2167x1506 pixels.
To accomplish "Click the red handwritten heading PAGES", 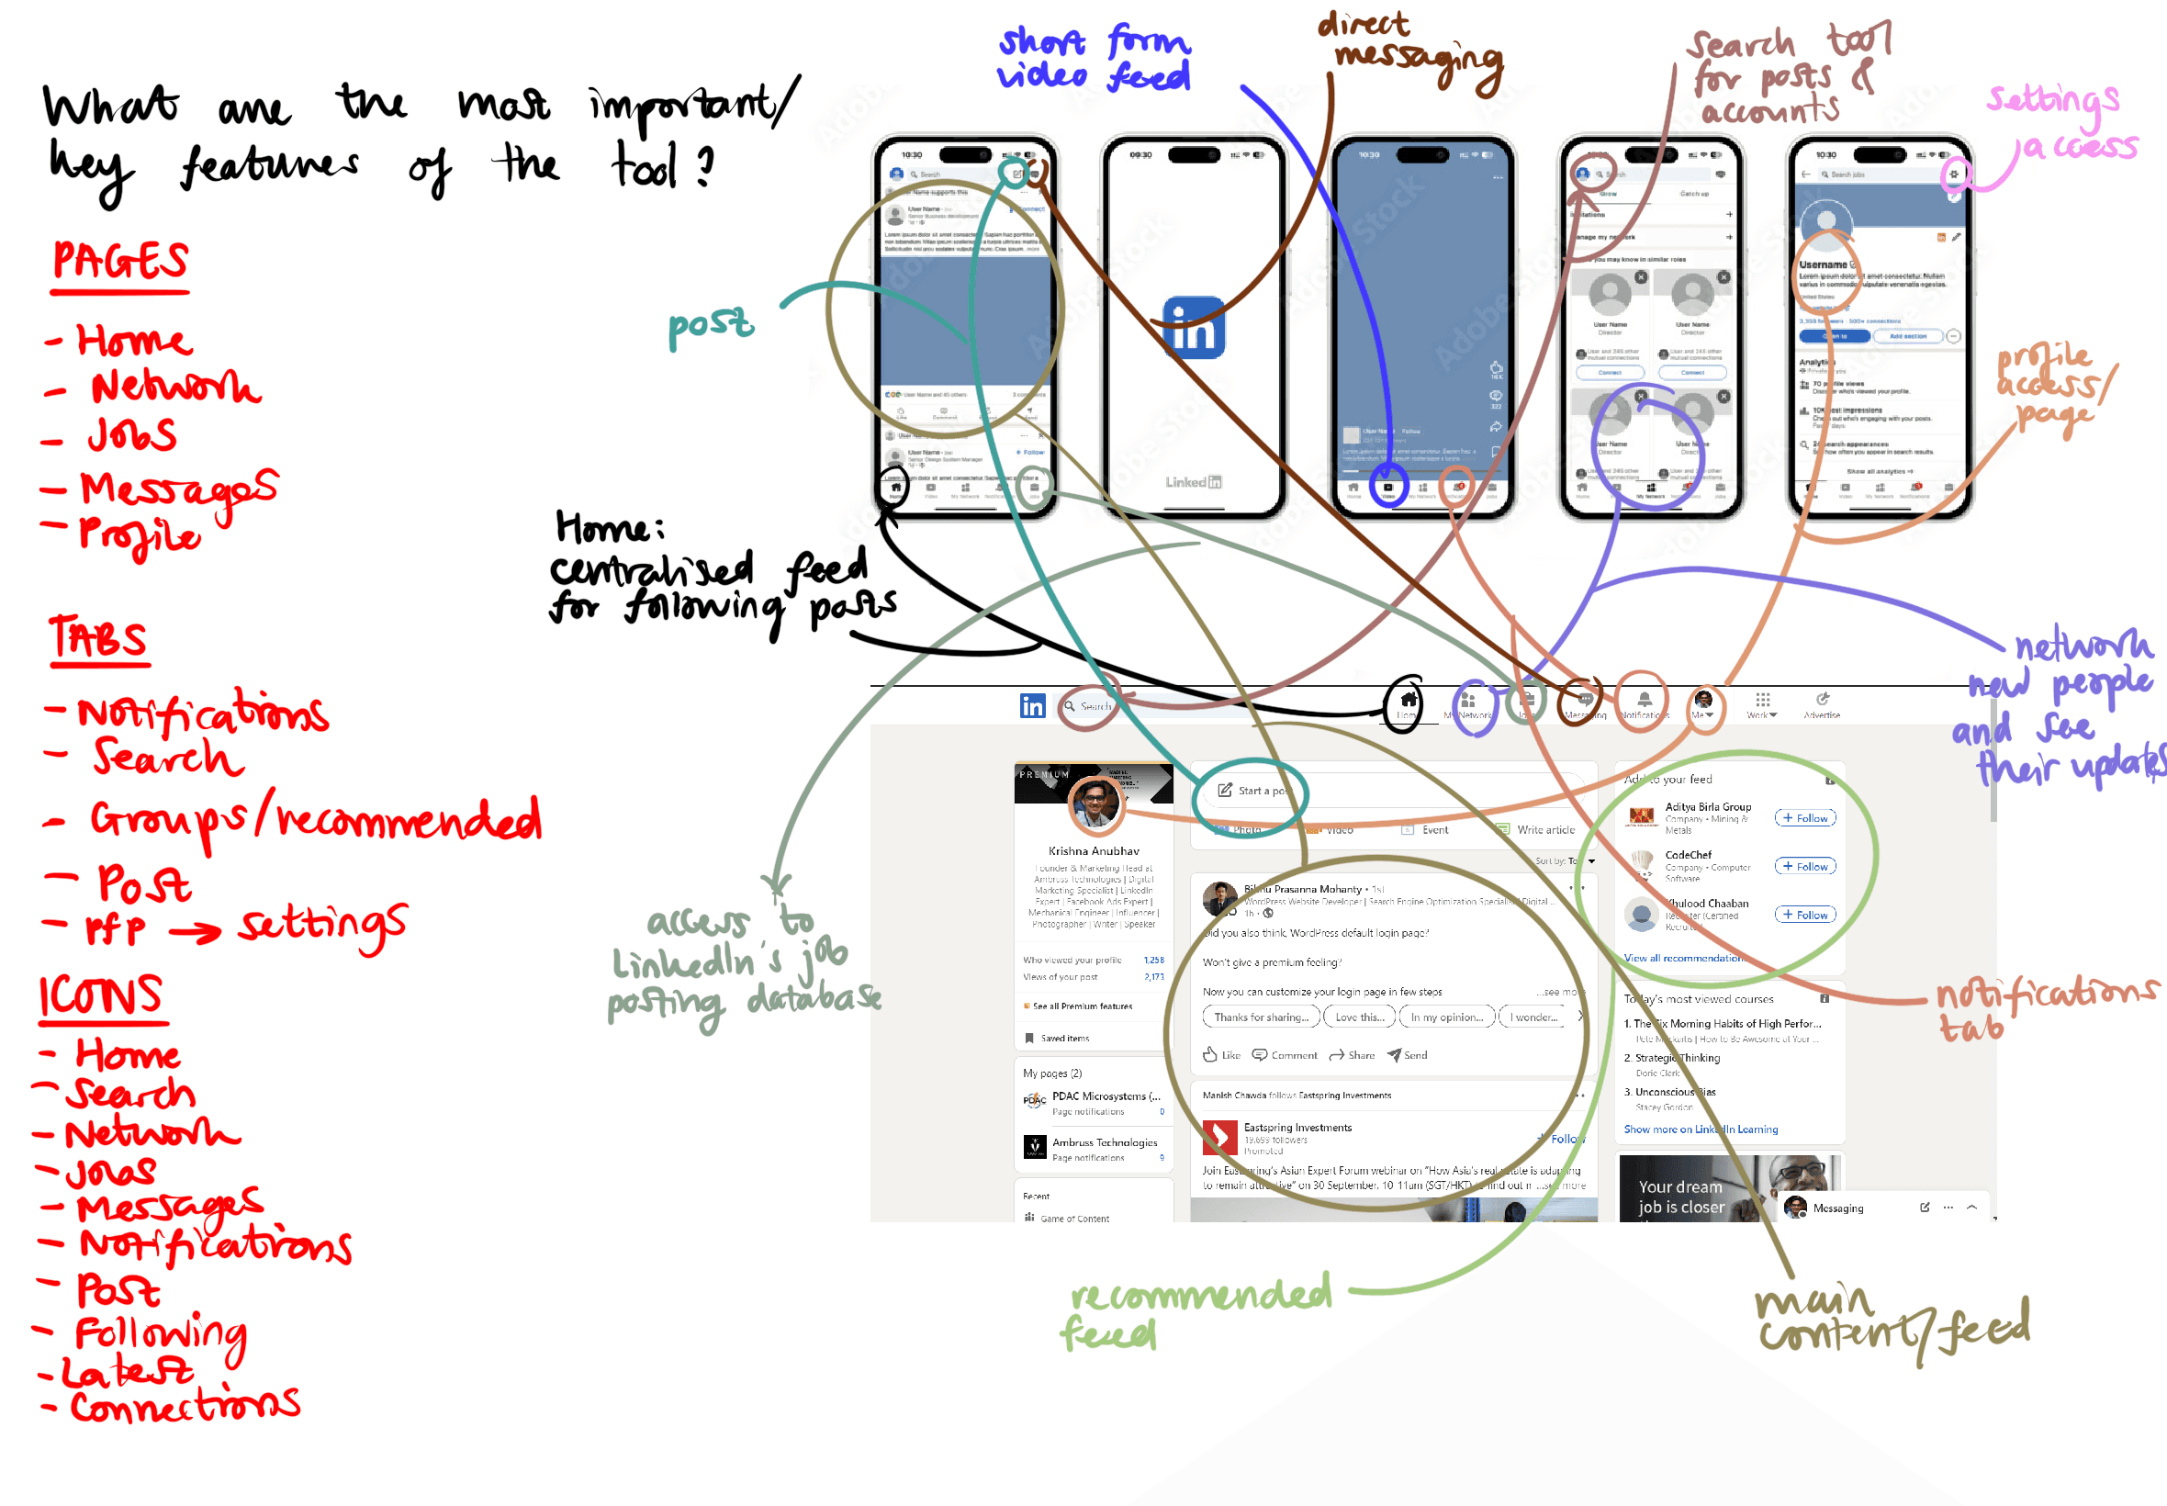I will point(119,262).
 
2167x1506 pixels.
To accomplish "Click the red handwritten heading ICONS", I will point(101,996).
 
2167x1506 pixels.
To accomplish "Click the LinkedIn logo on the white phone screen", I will point(1194,328).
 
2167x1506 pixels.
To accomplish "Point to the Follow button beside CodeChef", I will point(1804,866).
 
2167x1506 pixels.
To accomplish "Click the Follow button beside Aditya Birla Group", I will point(1804,818).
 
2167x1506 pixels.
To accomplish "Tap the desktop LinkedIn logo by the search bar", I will point(1032,705).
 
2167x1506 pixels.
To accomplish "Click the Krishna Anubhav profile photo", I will point(1095,804).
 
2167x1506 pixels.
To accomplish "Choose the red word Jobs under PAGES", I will point(132,435).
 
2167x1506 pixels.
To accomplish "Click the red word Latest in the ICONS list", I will point(128,1371).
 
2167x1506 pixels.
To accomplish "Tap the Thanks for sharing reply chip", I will point(1261,1017).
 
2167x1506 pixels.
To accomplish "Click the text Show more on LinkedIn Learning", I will point(1700,1129).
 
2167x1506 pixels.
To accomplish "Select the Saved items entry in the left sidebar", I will point(1064,1038).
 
